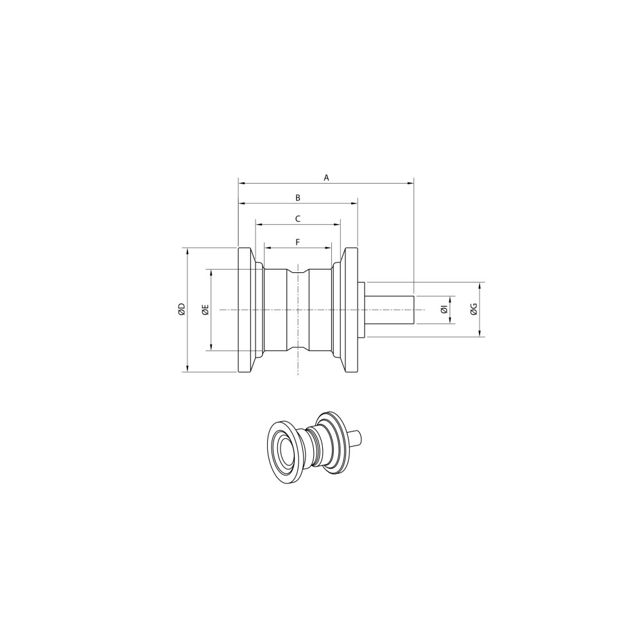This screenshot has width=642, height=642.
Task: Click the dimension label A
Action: [x=326, y=177]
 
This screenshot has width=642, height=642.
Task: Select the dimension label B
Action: [x=297, y=198]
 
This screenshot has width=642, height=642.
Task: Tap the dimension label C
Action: [x=297, y=219]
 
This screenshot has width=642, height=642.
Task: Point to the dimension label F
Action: [x=297, y=241]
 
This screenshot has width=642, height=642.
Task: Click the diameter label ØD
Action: [x=182, y=309]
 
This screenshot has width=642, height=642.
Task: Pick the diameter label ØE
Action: [x=205, y=309]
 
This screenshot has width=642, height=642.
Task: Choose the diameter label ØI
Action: [x=444, y=309]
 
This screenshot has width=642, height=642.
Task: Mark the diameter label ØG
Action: [x=473, y=309]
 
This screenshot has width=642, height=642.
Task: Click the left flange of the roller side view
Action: [x=245, y=309]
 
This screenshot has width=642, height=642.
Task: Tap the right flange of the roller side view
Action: [x=351, y=309]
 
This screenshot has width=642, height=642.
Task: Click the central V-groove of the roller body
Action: [x=298, y=309]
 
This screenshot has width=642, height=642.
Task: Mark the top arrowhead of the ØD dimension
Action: [x=187, y=250]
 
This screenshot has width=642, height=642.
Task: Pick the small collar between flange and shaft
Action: [x=361, y=309]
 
